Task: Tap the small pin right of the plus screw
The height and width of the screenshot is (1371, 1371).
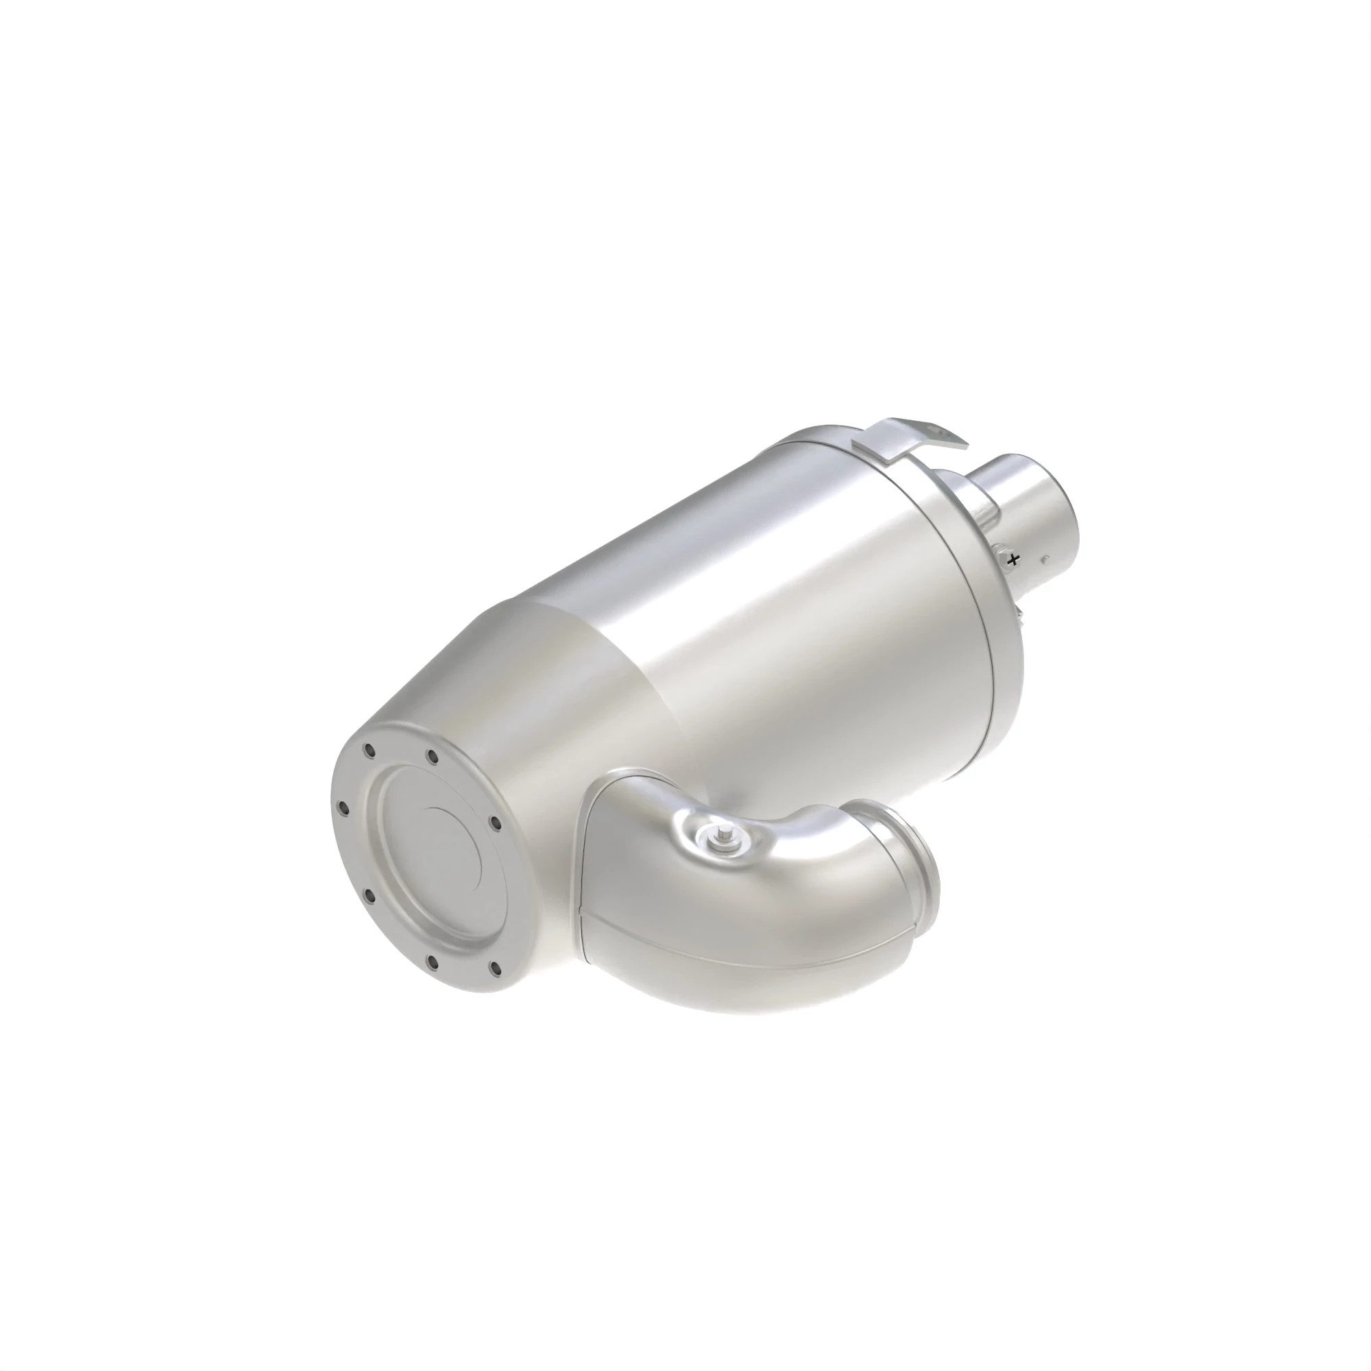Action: [1047, 559]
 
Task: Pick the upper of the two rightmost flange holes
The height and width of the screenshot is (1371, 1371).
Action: [496, 823]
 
